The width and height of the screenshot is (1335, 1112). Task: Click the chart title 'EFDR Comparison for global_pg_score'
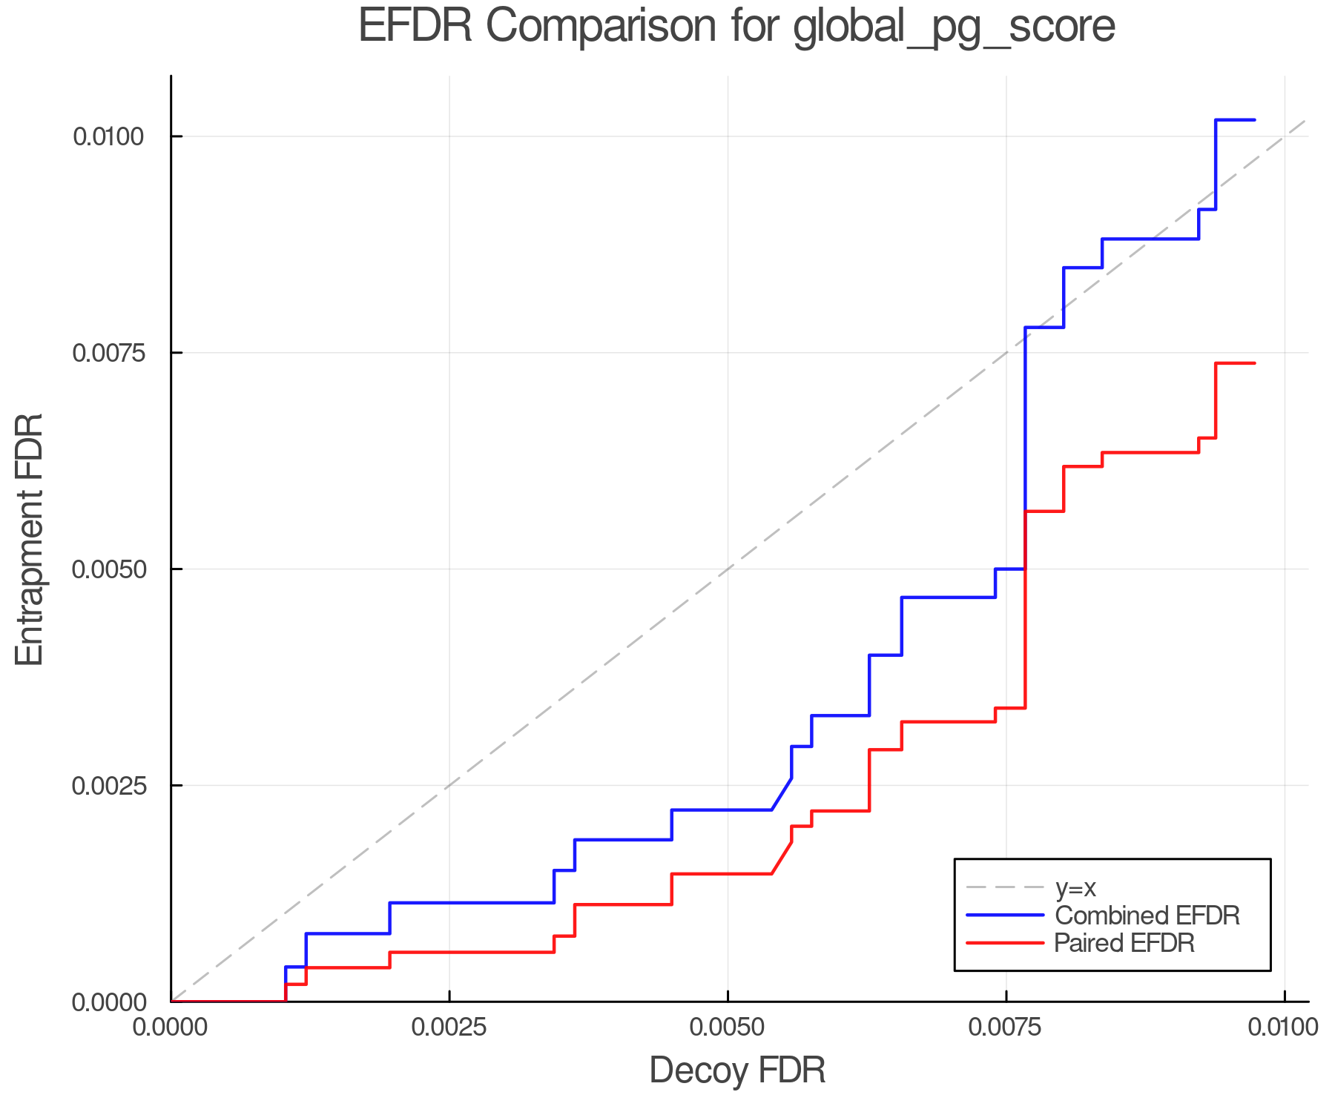[736, 27]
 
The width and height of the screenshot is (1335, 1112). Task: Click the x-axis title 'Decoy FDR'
[737, 1070]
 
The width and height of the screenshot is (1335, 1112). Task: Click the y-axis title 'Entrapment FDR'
[30, 539]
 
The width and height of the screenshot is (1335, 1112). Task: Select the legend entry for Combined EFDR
[1147, 916]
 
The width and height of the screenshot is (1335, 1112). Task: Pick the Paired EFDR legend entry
[1124, 943]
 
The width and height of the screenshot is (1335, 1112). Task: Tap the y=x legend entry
[1075, 887]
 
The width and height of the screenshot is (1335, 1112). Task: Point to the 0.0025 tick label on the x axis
[449, 1027]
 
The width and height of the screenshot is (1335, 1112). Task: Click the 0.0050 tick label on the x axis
[728, 1027]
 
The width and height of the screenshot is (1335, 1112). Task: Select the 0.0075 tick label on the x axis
[1006, 1027]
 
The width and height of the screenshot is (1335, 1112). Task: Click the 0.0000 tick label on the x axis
[171, 1027]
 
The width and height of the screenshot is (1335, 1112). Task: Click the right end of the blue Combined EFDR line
[1254, 119]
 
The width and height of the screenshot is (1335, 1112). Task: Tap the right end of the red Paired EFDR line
[1254, 363]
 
